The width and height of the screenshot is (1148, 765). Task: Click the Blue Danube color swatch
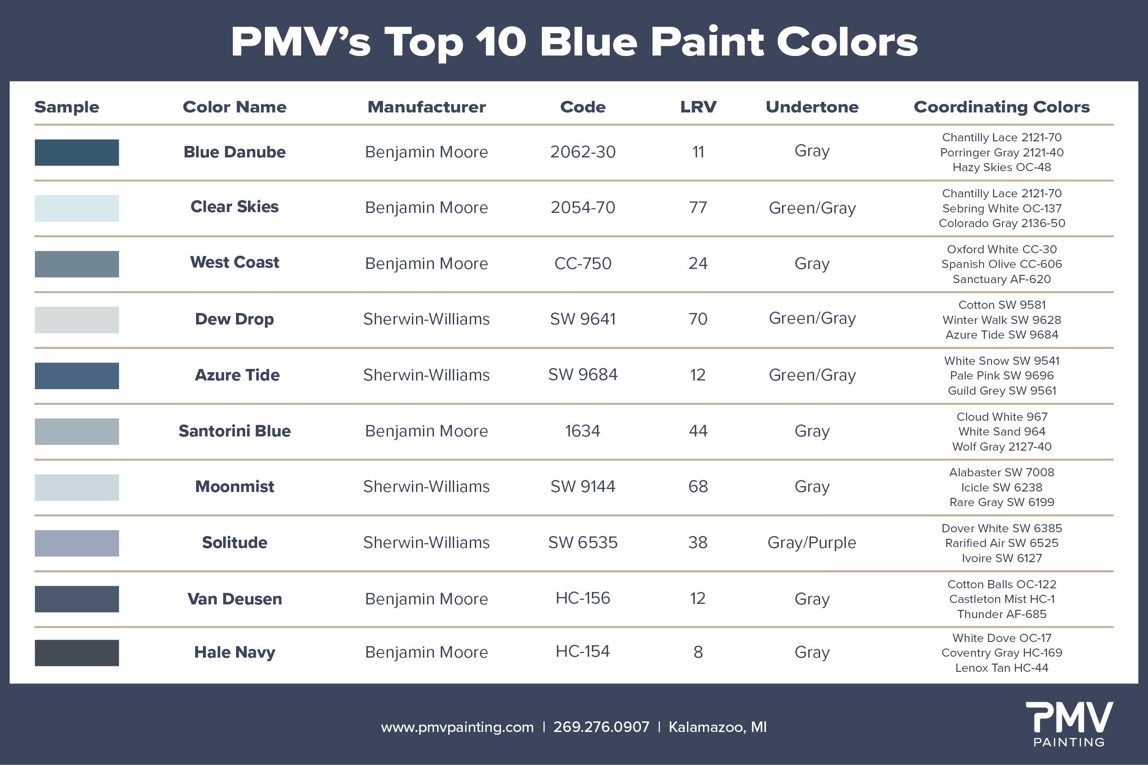coord(77,152)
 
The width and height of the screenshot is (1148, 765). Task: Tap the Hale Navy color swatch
coord(77,653)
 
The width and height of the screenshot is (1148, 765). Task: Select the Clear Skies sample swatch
coord(77,208)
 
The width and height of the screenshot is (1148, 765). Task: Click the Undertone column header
coord(812,107)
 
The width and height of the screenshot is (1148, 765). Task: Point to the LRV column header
coord(698,107)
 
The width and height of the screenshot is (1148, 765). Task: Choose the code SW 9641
coord(583,319)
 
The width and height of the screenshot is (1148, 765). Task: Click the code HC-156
coord(583,598)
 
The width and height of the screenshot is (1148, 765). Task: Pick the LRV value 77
coord(698,208)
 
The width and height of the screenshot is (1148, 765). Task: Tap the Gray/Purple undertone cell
coord(812,542)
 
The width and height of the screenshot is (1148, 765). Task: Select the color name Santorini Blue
coord(234,431)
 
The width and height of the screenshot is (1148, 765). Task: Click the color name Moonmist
coord(234,486)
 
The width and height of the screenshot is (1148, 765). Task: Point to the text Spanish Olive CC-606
coord(1002,264)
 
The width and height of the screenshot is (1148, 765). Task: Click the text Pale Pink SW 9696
coord(1002,376)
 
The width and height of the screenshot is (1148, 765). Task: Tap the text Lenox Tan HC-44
coord(1002,668)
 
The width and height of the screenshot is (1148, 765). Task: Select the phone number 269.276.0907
coord(602,727)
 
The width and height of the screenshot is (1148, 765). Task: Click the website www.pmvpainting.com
coord(457,727)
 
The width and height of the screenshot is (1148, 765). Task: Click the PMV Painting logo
coord(1069,724)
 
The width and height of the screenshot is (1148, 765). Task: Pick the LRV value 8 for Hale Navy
coord(698,652)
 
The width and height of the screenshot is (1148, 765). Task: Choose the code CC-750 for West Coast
coord(583,263)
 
